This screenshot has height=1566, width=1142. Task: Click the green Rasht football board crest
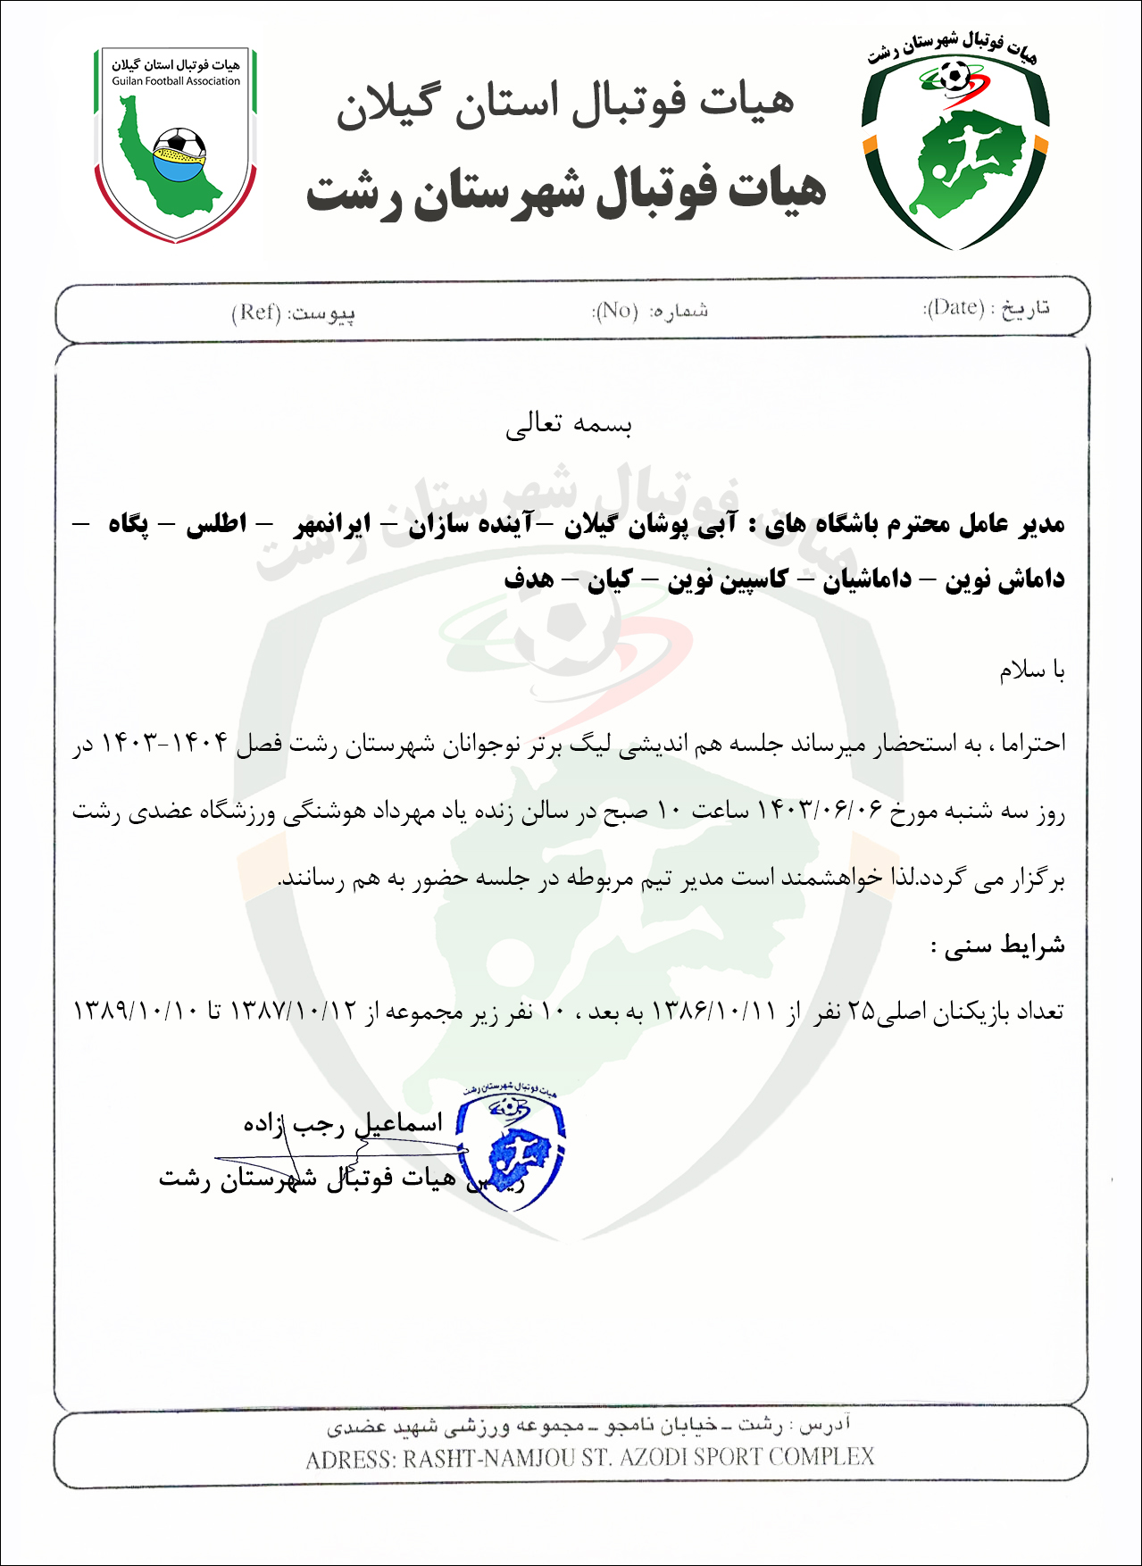click(954, 143)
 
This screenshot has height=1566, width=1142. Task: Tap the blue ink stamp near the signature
click(511, 1147)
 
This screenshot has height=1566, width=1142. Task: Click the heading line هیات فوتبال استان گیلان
click(564, 102)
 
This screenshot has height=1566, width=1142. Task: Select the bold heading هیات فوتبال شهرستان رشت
click(566, 190)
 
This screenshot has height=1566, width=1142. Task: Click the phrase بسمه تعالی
click(569, 423)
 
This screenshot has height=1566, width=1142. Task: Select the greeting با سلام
click(1031, 670)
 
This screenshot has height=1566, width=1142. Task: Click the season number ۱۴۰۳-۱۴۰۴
click(164, 743)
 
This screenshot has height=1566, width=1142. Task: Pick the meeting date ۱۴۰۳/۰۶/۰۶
click(819, 811)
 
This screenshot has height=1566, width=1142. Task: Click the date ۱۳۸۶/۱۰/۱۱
click(715, 1011)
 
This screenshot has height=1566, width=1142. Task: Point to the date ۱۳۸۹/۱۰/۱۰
click(136, 1011)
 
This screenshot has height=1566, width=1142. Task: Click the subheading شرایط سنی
click(998, 945)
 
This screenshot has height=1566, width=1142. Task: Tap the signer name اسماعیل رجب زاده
click(343, 1123)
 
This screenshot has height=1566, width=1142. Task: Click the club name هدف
click(529, 579)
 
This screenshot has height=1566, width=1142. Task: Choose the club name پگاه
click(129, 524)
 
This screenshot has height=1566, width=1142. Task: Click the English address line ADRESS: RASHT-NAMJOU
click(589, 1458)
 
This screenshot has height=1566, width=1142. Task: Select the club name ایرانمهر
click(332, 524)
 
